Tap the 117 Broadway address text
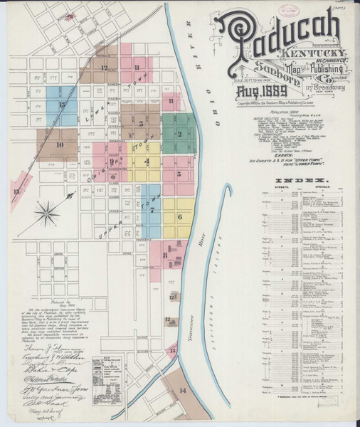[x=327, y=87]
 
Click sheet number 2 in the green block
[x=180, y=133]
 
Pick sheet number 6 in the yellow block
[x=180, y=216]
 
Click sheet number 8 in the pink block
[x=165, y=254]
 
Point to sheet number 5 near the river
[x=180, y=173]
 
